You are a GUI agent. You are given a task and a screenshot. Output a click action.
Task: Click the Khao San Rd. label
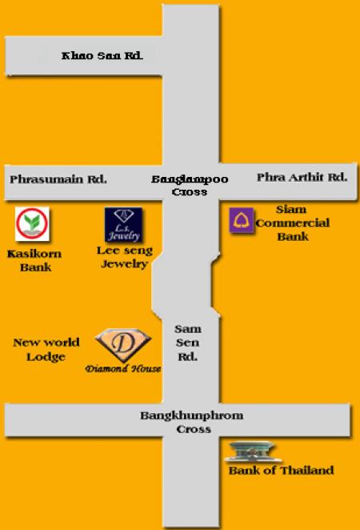pyautogui.click(x=102, y=56)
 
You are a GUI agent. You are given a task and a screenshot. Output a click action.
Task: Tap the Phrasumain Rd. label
pyautogui.click(x=58, y=179)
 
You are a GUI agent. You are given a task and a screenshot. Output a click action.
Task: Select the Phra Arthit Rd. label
pyautogui.click(x=302, y=177)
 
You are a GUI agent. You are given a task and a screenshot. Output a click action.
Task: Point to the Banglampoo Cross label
pyautogui.click(x=190, y=185)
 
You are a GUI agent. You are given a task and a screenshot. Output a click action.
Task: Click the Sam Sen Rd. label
pyautogui.click(x=188, y=343)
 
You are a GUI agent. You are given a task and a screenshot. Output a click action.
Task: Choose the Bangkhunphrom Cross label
pyautogui.click(x=192, y=422)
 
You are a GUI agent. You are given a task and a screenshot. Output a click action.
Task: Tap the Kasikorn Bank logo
pyautogui.click(x=33, y=224)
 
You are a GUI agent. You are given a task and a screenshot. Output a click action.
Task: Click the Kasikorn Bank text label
pyautogui.click(x=34, y=261)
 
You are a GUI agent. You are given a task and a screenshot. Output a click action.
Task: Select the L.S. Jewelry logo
pyautogui.click(x=123, y=224)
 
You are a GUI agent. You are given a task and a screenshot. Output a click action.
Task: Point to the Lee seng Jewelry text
pyautogui.click(x=125, y=257)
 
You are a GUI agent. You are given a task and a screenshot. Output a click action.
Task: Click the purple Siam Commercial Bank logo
pyautogui.click(x=242, y=220)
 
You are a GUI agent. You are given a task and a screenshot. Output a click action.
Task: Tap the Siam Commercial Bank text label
pyautogui.click(x=293, y=223)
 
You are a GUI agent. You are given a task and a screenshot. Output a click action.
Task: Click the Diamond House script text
pyautogui.click(x=123, y=368)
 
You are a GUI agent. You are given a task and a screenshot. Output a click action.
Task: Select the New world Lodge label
pyautogui.click(x=46, y=350)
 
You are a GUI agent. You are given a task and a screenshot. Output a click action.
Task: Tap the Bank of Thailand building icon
pyautogui.click(x=253, y=452)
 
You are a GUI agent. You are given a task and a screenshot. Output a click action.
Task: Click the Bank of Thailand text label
pyautogui.click(x=281, y=470)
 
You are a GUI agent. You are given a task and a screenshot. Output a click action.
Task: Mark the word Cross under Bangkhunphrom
pyautogui.click(x=194, y=429)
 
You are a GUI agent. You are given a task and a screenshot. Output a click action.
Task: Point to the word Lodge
pyautogui.click(x=46, y=357)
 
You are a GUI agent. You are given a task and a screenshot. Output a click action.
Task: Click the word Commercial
pyautogui.click(x=293, y=223)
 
